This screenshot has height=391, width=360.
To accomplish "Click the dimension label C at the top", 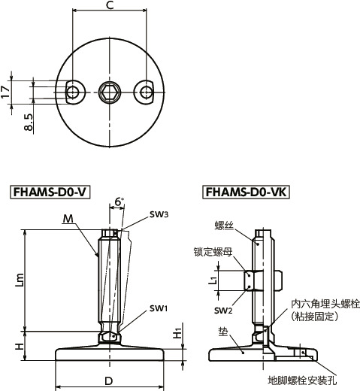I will pyautogui.click(x=110, y=6).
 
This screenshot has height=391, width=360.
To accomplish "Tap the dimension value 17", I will pyautogui.click(x=7, y=92).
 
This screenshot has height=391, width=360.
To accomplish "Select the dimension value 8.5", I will pyautogui.click(x=28, y=123).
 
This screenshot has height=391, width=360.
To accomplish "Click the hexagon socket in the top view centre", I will pyautogui.click(x=110, y=92).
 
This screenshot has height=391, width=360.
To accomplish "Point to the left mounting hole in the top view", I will pyautogui.click(x=73, y=92).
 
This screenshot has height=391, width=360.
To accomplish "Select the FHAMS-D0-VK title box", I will pyautogui.click(x=247, y=192).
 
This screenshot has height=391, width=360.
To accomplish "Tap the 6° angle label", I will pyautogui.click(x=119, y=202).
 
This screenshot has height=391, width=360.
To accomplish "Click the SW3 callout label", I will pyautogui.click(x=158, y=214).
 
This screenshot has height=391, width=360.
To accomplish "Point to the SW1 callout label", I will pyautogui.click(x=158, y=308).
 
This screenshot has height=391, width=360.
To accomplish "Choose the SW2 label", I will pyautogui.click(x=223, y=311).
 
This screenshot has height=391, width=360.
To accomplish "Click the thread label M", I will pyautogui.click(x=68, y=218).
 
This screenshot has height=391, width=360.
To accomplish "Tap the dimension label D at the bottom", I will pyautogui.click(x=109, y=381).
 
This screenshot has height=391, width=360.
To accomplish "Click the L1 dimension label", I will pyautogui.click(x=213, y=281).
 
